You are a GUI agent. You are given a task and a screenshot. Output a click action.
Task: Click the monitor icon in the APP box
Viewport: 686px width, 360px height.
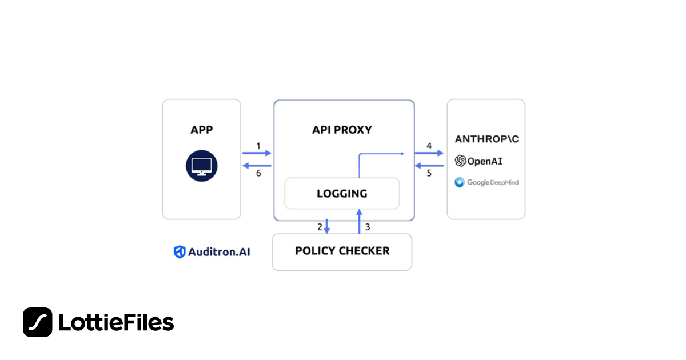(x=201, y=166)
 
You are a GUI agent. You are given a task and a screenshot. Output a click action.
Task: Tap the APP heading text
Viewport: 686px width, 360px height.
(x=201, y=130)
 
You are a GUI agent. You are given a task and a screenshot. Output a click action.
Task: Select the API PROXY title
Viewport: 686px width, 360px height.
(x=342, y=130)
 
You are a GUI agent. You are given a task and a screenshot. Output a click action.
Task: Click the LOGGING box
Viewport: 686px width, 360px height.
(x=342, y=193)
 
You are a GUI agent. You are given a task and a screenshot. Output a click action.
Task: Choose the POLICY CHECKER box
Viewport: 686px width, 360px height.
(x=342, y=251)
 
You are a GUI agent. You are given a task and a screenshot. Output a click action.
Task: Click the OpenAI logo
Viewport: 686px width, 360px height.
(x=479, y=161)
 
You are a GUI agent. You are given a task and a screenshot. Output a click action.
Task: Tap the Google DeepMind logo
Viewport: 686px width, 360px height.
(x=486, y=182)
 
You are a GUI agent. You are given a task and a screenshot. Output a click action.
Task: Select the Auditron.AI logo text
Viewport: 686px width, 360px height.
(x=219, y=251)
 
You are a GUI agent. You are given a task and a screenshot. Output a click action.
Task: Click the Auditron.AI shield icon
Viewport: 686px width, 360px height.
(x=180, y=251)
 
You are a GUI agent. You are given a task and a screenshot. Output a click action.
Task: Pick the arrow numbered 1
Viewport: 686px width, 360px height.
(x=257, y=153)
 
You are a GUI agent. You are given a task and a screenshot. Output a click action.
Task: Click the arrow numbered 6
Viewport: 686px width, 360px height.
(x=257, y=166)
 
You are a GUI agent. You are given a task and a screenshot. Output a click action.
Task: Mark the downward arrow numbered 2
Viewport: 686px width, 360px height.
(x=327, y=226)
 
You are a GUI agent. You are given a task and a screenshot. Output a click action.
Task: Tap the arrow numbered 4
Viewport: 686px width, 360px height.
(x=429, y=153)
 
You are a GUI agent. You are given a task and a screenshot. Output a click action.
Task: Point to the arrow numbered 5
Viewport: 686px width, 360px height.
(x=429, y=166)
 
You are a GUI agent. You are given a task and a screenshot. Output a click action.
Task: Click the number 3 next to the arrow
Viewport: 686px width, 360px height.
(x=368, y=227)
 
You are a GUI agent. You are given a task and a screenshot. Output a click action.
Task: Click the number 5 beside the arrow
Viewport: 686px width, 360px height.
(x=429, y=173)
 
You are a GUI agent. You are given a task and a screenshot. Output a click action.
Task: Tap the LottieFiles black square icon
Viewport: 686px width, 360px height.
(x=38, y=322)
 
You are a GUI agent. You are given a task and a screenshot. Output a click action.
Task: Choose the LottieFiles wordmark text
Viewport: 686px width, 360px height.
(x=116, y=323)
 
